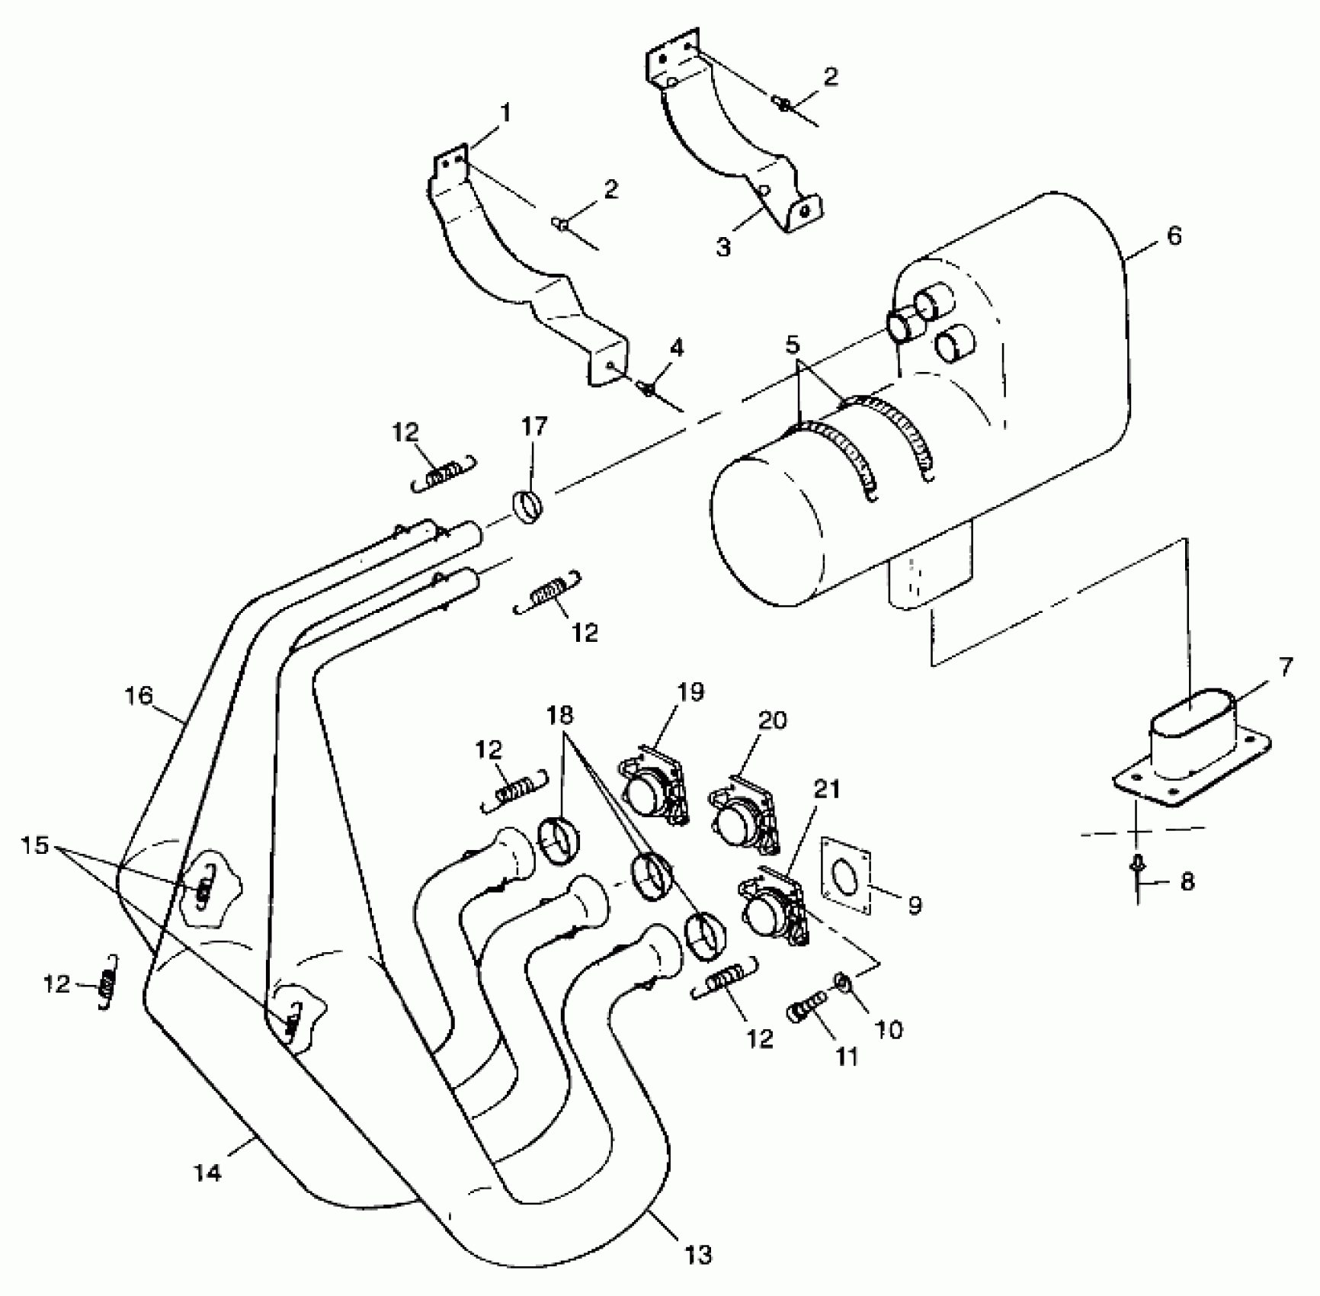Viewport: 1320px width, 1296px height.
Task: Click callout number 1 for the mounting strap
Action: tap(504, 114)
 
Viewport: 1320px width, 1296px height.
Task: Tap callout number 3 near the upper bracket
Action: tap(722, 246)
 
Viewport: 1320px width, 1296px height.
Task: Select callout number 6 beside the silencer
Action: tap(1174, 236)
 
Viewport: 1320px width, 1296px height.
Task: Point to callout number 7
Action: tap(1285, 668)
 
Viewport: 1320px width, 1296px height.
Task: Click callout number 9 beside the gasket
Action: tap(915, 904)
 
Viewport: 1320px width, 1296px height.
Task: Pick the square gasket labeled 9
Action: tap(845, 874)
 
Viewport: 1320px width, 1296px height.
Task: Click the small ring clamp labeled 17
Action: tap(526, 505)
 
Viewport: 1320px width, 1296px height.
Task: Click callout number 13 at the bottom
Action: tap(698, 1254)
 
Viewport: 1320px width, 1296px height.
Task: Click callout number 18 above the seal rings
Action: tap(560, 716)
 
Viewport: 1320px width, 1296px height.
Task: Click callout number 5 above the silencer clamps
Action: tap(793, 345)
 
